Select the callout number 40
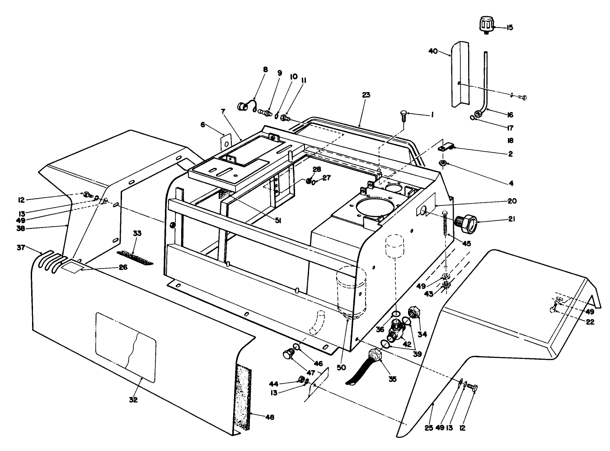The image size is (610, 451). point(432,51)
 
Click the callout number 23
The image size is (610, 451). point(366,95)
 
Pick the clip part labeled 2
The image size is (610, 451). point(447,147)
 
